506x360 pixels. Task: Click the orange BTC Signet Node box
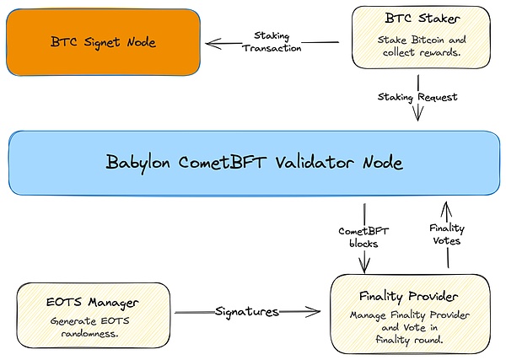click(x=102, y=42)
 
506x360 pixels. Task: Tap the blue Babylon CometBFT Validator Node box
click(x=253, y=162)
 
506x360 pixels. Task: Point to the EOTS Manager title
click(x=93, y=301)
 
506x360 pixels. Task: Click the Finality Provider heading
click(x=410, y=296)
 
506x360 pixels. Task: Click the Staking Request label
click(x=418, y=97)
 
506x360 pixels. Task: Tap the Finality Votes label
click(x=448, y=234)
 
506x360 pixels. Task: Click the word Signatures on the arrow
click(x=245, y=311)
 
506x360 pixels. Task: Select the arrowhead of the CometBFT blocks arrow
click(x=363, y=269)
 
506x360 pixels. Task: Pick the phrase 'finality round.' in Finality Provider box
click(x=411, y=339)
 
